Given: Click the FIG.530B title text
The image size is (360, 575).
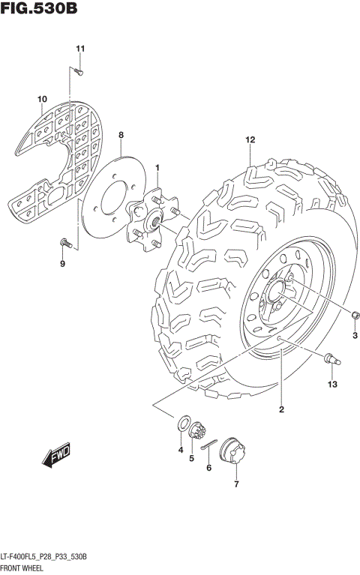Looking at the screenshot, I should click(39, 10).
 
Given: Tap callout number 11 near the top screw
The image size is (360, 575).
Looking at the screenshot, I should click(79, 49).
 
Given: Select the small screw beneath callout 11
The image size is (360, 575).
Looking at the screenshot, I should click(78, 71).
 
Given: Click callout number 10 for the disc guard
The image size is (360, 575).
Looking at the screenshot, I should click(43, 99).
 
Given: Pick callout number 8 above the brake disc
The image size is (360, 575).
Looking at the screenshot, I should click(121, 135).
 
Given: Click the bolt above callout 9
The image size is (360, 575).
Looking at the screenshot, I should click(64, 241).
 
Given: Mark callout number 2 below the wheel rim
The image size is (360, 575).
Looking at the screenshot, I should click(281, 409).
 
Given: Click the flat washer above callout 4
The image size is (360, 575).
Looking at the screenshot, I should click(181, 424).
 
